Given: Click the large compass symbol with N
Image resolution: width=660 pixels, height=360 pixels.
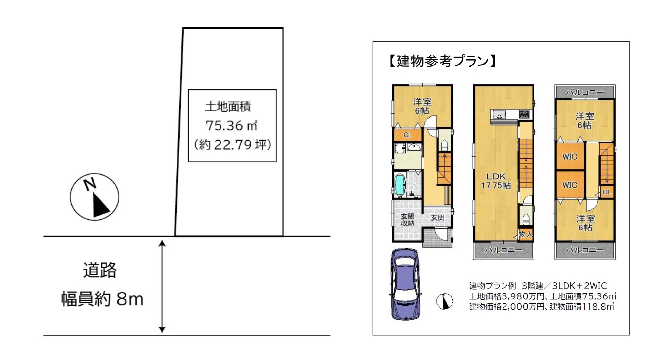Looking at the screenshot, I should click(94, 198).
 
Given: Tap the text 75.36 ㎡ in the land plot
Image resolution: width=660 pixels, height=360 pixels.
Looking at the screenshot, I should click(232, 126).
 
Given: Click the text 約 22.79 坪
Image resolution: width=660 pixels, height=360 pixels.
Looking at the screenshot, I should click(232, 145).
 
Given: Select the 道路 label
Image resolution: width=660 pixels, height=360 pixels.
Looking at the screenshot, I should click(100, 270).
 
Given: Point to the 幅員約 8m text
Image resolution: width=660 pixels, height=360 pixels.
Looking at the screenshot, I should click(102, 298).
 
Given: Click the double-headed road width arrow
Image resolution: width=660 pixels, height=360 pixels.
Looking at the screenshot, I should click(163, 286).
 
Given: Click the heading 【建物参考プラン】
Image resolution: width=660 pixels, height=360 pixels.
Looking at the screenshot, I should click(440, 62).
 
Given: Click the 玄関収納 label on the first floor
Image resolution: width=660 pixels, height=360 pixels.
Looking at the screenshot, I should click(407, 220).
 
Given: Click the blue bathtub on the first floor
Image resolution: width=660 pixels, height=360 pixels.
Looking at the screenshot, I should click(400, 185).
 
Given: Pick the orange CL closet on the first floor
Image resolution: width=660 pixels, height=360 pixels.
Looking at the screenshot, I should click(408, 134).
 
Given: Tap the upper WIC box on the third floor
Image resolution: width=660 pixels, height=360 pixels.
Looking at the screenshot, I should click(570, 156).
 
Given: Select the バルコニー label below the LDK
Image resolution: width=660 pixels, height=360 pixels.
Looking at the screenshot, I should click(503, 250).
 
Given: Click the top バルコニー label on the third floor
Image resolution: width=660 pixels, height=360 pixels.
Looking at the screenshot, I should click(584, 92).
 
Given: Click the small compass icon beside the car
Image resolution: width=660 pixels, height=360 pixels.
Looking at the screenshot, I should click(444, 301).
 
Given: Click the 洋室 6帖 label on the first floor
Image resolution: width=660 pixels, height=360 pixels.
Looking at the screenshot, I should click(422, 106).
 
